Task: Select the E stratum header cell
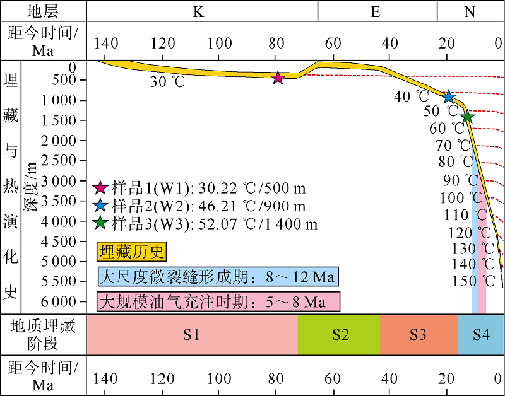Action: click(376, 11)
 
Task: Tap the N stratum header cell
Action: click(470, 11)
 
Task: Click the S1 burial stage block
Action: click(192, 334)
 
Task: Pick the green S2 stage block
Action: click(340, 334)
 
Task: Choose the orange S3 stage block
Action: click(418, 334)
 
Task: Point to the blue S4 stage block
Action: click(480, 334)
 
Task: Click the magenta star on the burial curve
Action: click(278, 78)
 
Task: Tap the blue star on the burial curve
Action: click(448, 96)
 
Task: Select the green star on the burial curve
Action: click(466, 117)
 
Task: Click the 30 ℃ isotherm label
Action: click(167, 83)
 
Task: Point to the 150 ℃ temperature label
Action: click(473, 281)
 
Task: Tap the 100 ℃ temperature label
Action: click(461, 199)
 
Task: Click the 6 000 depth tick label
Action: click(59, 301)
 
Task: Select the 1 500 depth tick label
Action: click(59, 120)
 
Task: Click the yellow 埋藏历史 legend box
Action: click(131, 253)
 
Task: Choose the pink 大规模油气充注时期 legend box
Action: click(218, 301)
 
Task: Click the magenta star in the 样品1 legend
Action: click(100, 189)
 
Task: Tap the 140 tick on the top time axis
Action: click(105, 43)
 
